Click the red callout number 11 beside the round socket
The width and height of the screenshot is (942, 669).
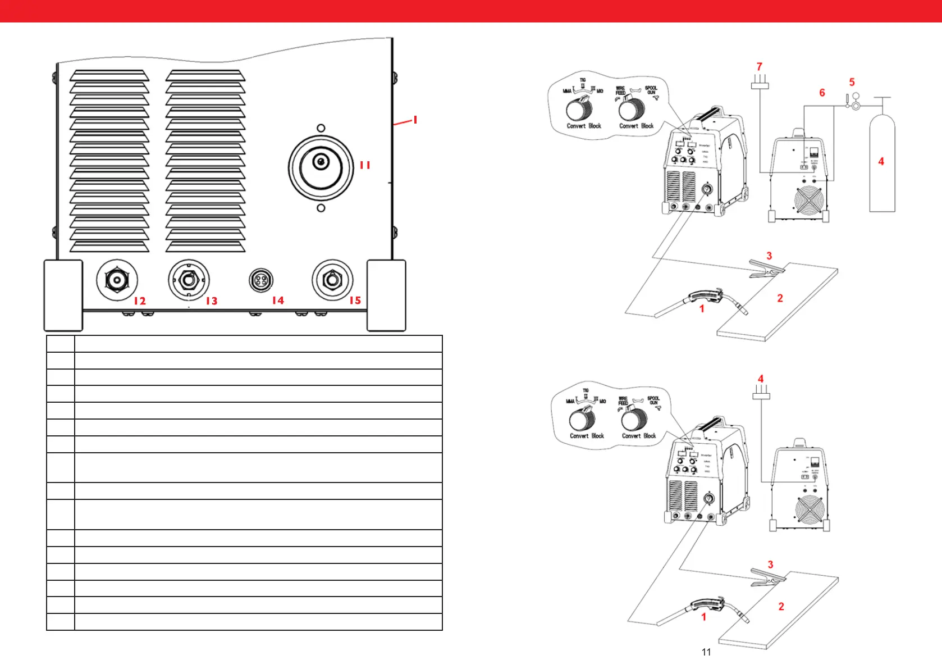[x=365, y=165]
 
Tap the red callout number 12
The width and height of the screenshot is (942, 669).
[x=140, y=301]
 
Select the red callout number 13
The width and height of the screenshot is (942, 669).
[x=211, y=301]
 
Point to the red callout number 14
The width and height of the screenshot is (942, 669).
[x=278, y=301]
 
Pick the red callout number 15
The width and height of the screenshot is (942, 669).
[x=355, y=301]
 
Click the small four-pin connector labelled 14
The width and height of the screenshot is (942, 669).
[x=260, y=281]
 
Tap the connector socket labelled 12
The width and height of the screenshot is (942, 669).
[x=117, y=280]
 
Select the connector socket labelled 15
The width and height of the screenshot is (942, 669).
[x=332, y=280]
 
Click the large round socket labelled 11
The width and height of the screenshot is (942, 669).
[x=321, y=167]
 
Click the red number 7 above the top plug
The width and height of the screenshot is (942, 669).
[x=760, y=67]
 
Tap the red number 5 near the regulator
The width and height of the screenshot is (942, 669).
[x=852, y=83]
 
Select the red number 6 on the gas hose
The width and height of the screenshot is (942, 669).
[x=822, y=93]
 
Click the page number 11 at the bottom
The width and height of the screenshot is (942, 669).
[x=706, y=652]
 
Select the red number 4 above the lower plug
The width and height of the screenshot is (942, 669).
[x=761, y=379]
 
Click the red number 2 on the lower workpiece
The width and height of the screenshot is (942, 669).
[x=781, y=607]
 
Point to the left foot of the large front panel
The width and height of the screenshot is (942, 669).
[x=63, y=295]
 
